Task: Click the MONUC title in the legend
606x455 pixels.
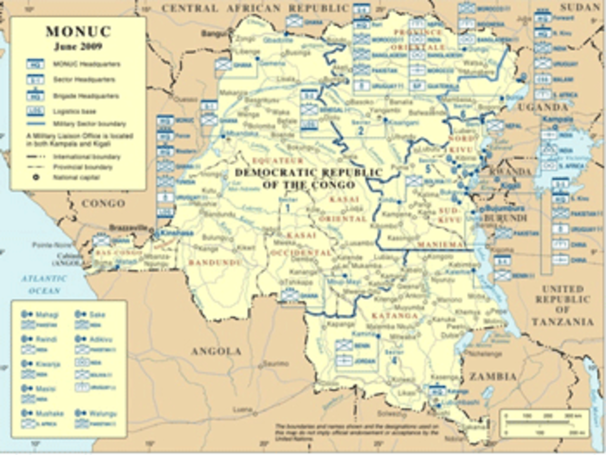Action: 78,32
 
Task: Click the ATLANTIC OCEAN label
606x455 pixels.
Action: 44,285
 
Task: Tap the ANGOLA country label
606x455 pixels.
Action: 216,352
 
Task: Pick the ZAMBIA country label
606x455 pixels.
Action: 493,376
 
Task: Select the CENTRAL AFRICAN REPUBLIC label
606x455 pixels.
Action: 255,8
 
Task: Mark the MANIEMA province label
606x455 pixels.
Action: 440,245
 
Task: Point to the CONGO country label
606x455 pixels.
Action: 103,204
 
